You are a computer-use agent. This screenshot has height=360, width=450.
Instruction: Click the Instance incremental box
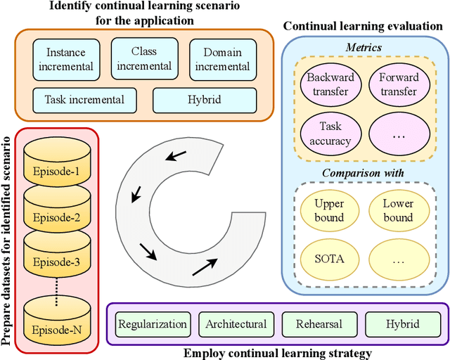(69, 59)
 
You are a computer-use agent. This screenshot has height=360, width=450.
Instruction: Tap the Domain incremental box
(222, 59)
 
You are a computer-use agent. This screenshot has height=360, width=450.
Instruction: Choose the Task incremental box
(85, 100)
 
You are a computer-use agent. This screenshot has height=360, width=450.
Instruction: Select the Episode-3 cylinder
(57, 263)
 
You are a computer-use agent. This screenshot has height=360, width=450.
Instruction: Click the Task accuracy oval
(329, 133)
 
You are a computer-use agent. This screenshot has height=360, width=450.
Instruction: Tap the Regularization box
(153, 324)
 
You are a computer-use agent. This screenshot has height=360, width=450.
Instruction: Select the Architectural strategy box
(236, 324)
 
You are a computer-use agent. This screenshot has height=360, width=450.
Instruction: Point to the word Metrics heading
(364, 46)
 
